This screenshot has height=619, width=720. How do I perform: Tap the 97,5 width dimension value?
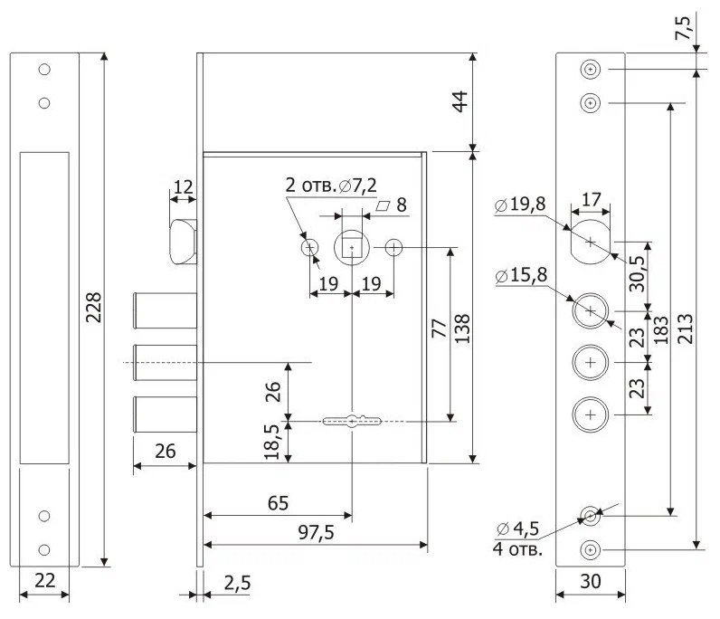(x=316, y=533)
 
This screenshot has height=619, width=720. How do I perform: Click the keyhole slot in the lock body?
(x=351, y=420)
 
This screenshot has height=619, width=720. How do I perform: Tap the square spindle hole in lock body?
(x=351, y=246)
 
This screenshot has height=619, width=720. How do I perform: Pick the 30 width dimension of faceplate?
(x=590, y=584)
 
